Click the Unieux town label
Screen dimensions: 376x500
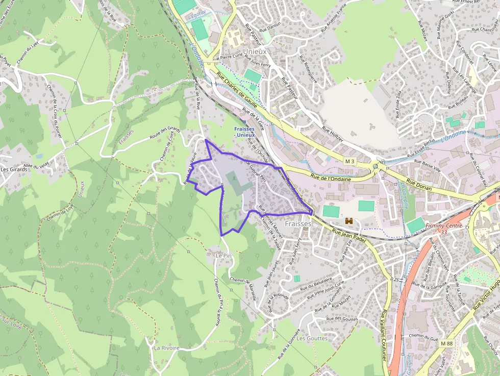(256, 52)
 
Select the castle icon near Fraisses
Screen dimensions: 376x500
(349, 221)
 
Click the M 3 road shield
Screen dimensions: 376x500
(349, 161)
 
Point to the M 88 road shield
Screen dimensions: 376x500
(446, 344)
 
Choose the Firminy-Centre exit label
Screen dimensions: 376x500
(444, 228)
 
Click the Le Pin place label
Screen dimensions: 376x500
(223, 255)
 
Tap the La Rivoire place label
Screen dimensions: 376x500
(167, 347)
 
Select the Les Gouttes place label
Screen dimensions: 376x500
(312, 338)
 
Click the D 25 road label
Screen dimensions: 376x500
(394, 279)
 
